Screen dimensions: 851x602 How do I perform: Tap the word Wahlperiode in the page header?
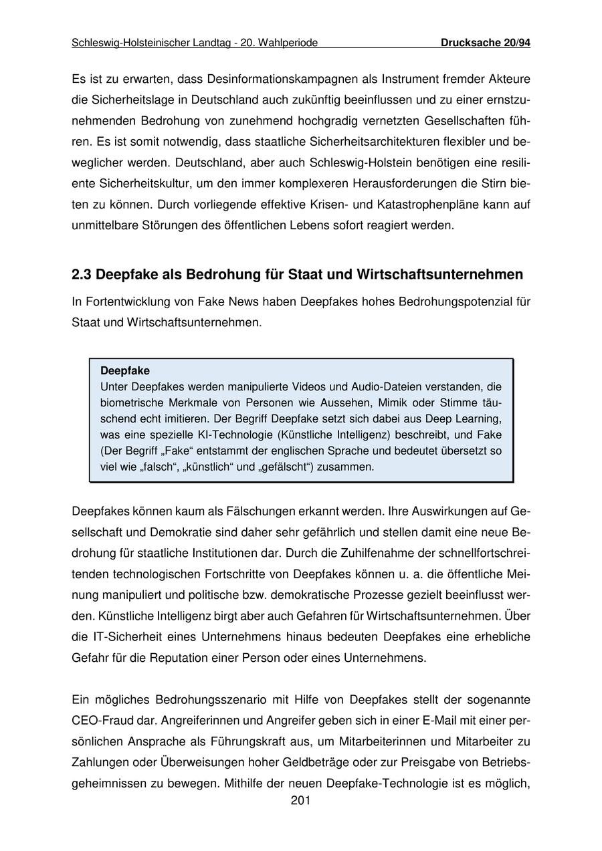click(x=288, y=43)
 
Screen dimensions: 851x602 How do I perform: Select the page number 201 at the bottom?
click(x=300, y=801)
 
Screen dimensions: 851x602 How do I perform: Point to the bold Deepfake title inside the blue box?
click(x=125, y=370)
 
